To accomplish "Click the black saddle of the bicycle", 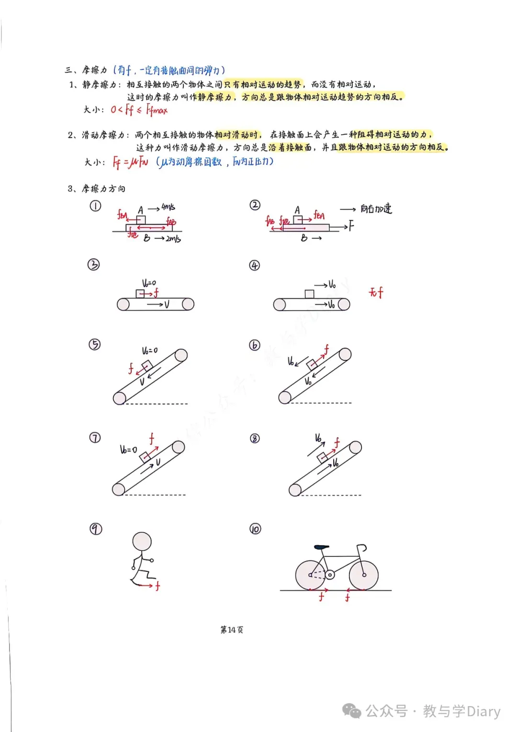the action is tap(322, 546).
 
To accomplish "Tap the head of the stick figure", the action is tap(142, 542).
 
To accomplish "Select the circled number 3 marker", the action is tap(94, 264).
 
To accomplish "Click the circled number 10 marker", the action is tap(255, 529).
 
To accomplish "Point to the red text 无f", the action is tap(376, 292).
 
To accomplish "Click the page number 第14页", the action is tap(232, 630).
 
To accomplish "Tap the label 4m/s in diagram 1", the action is tap(169, 207).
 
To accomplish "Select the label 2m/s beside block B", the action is tap(173, 239).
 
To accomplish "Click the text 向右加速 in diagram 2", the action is tap(376, 209).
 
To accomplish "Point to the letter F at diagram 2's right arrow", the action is tap(351, 226).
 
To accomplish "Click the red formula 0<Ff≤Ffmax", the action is tap(139, 110).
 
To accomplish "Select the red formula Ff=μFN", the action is tap(130, 163).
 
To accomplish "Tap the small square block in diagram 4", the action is tap(309, 294).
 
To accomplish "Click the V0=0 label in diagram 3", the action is tap(149, 283).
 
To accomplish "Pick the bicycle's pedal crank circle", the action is tap(330, 574).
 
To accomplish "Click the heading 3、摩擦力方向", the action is tap(97, 188).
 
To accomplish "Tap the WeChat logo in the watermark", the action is tap(351, 711).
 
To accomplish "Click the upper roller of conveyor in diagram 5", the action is tap(181, 355).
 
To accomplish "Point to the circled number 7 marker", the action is tap(95, 438).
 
